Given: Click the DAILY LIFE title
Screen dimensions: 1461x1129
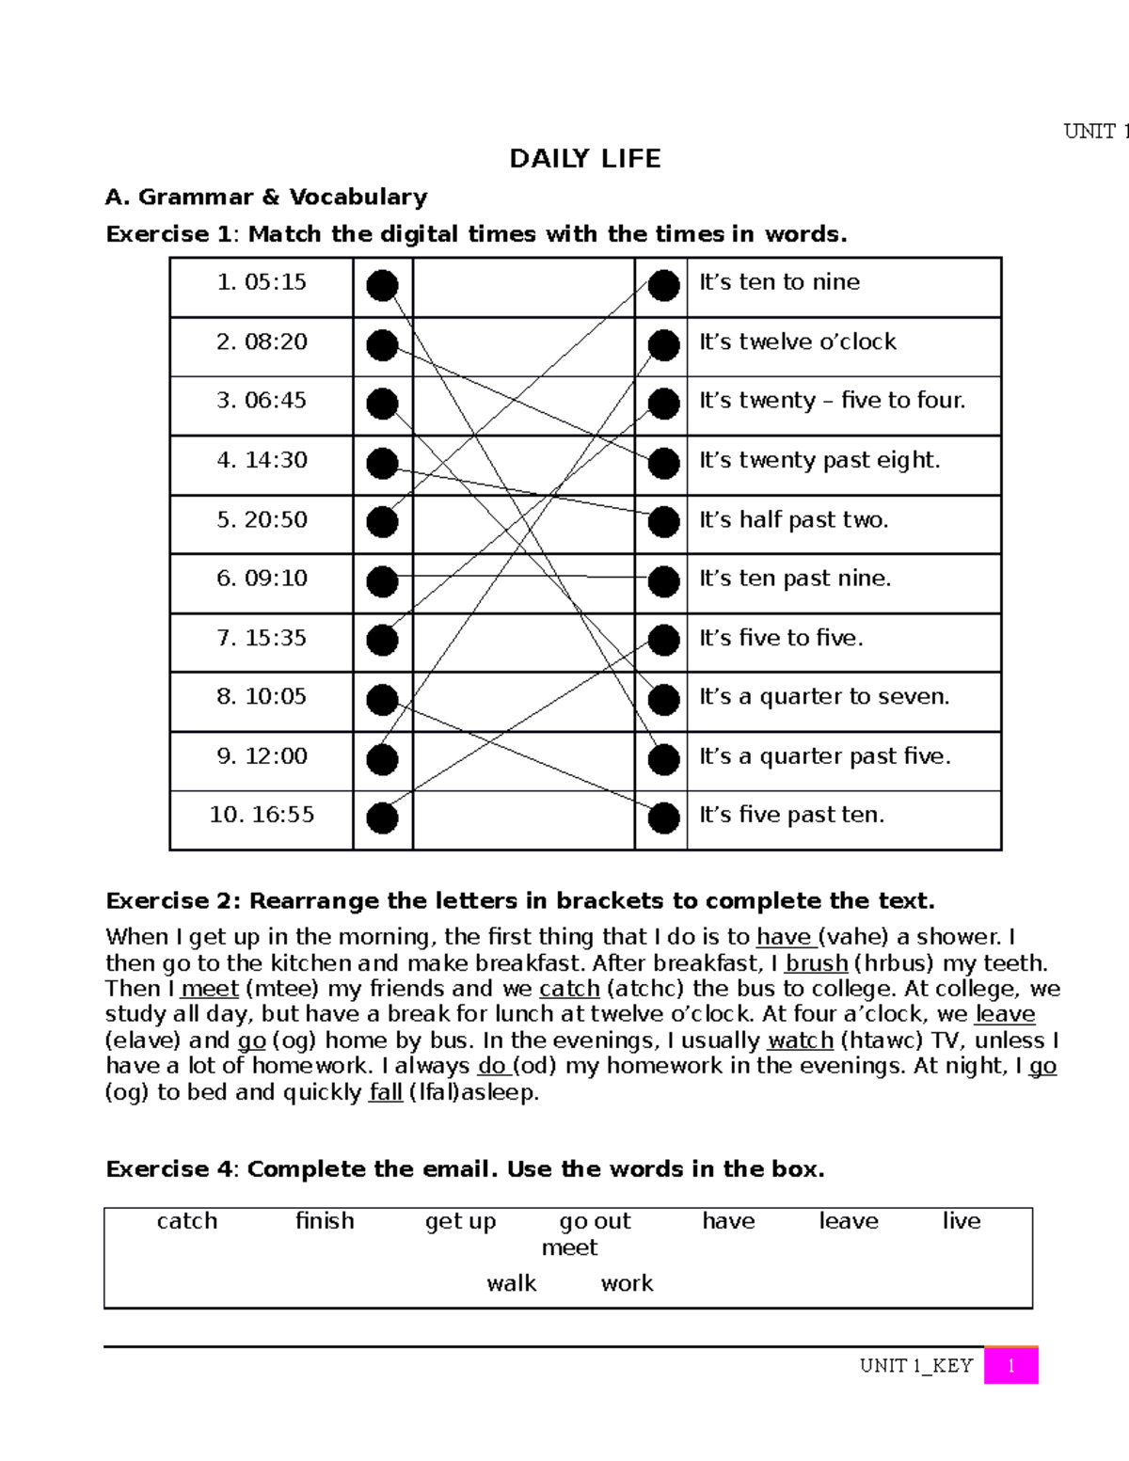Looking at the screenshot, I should coord(584,159).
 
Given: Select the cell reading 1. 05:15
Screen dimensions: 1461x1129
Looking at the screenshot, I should coord(262,282).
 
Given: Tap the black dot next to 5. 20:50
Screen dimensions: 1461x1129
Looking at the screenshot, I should coord(382,522).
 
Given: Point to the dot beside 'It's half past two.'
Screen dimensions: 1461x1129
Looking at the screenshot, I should coord(663,522).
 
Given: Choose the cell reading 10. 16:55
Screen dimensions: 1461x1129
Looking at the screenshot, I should coord(262,815).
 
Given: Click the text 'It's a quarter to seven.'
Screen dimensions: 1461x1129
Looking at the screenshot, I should coord(823,697).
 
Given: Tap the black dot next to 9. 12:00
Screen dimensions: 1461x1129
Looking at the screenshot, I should coord(382,759).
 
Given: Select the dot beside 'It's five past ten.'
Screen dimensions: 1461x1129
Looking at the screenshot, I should coord(663,818).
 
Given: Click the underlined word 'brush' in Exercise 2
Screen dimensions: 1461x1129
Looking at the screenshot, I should coord(816,963).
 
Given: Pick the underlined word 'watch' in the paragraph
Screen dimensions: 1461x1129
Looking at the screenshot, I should coord(800,1040).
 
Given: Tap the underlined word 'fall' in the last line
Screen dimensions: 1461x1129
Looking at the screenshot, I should coord(385,1092).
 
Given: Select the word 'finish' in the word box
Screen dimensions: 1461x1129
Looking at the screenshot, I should coord(325,1221).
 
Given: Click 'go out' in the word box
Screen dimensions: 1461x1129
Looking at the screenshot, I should coord(595,1221).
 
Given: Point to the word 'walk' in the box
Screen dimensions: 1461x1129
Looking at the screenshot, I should coord(511,1283).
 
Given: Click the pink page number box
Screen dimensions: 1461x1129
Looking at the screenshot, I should coord(1010,1366).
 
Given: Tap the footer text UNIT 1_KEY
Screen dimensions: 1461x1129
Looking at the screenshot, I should coord(915,1366).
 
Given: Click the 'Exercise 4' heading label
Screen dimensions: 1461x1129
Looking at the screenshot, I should coord(169,1169).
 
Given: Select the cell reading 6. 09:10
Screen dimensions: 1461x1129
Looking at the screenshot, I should coord(262,579).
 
